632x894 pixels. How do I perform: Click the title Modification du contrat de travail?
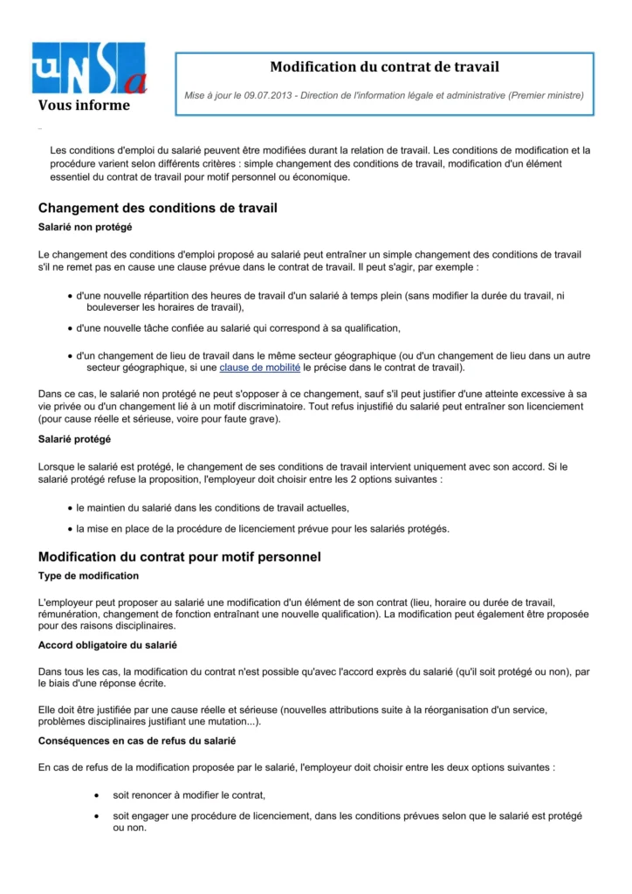coord(384,67)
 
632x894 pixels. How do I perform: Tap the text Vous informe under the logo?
coord(84,106)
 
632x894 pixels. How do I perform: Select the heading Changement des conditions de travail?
coord(158,209)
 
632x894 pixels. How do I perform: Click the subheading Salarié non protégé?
coord(86,228)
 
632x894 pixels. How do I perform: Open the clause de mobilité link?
coord(259,368)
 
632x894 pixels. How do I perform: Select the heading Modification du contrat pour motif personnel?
coord(180,557)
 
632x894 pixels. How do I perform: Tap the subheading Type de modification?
coord(88,576)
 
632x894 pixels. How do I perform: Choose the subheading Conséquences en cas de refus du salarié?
coord(136,740)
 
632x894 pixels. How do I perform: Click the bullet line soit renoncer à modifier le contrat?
coord(189,795)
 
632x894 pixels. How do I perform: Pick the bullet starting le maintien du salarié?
coord(212,508)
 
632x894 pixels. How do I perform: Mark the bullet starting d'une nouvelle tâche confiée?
coord(237,328)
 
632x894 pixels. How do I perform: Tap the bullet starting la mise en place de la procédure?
coord(262,528)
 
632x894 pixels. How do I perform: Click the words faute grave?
coord(254,420)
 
